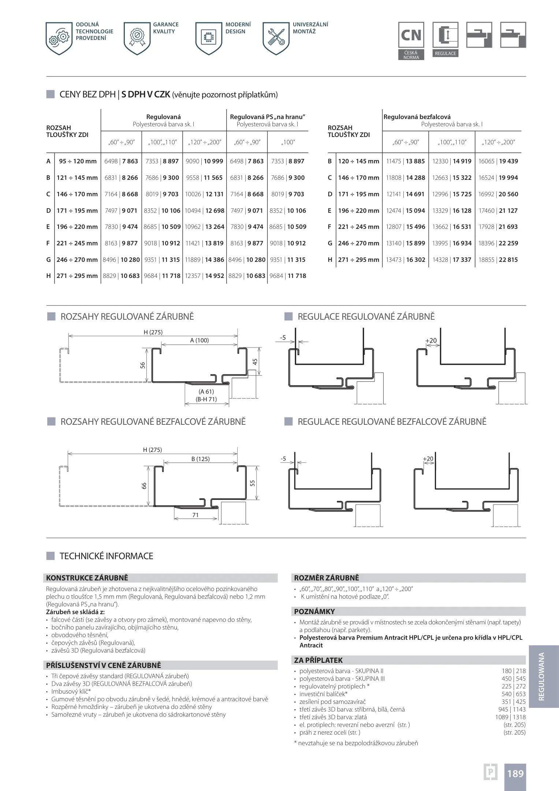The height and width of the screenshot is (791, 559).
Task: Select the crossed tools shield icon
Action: (276, 38)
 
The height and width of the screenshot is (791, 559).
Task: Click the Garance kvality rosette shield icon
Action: (137, 38)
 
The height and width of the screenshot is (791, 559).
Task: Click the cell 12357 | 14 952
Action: (204, 276)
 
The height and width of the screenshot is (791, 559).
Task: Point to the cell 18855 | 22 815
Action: (498, 260)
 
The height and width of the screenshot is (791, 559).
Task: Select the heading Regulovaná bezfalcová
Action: (417, 117)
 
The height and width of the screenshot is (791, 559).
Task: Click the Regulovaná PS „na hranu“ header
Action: (267, 117)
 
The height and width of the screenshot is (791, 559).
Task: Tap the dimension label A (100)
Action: (200, 340)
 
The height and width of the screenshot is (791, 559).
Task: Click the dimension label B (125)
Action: (200, 459)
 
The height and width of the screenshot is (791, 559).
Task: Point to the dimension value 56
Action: (143, 365)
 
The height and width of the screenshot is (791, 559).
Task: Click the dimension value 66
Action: (144, 486)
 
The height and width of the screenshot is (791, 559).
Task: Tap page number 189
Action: (515, 773)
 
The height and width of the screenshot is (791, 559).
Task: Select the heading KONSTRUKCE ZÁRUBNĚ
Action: (87, 578)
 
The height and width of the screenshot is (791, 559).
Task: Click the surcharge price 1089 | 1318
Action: (510, 717)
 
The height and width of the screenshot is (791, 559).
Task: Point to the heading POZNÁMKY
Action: (314, 612)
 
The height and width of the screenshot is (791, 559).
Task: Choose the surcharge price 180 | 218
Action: (513, 671)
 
